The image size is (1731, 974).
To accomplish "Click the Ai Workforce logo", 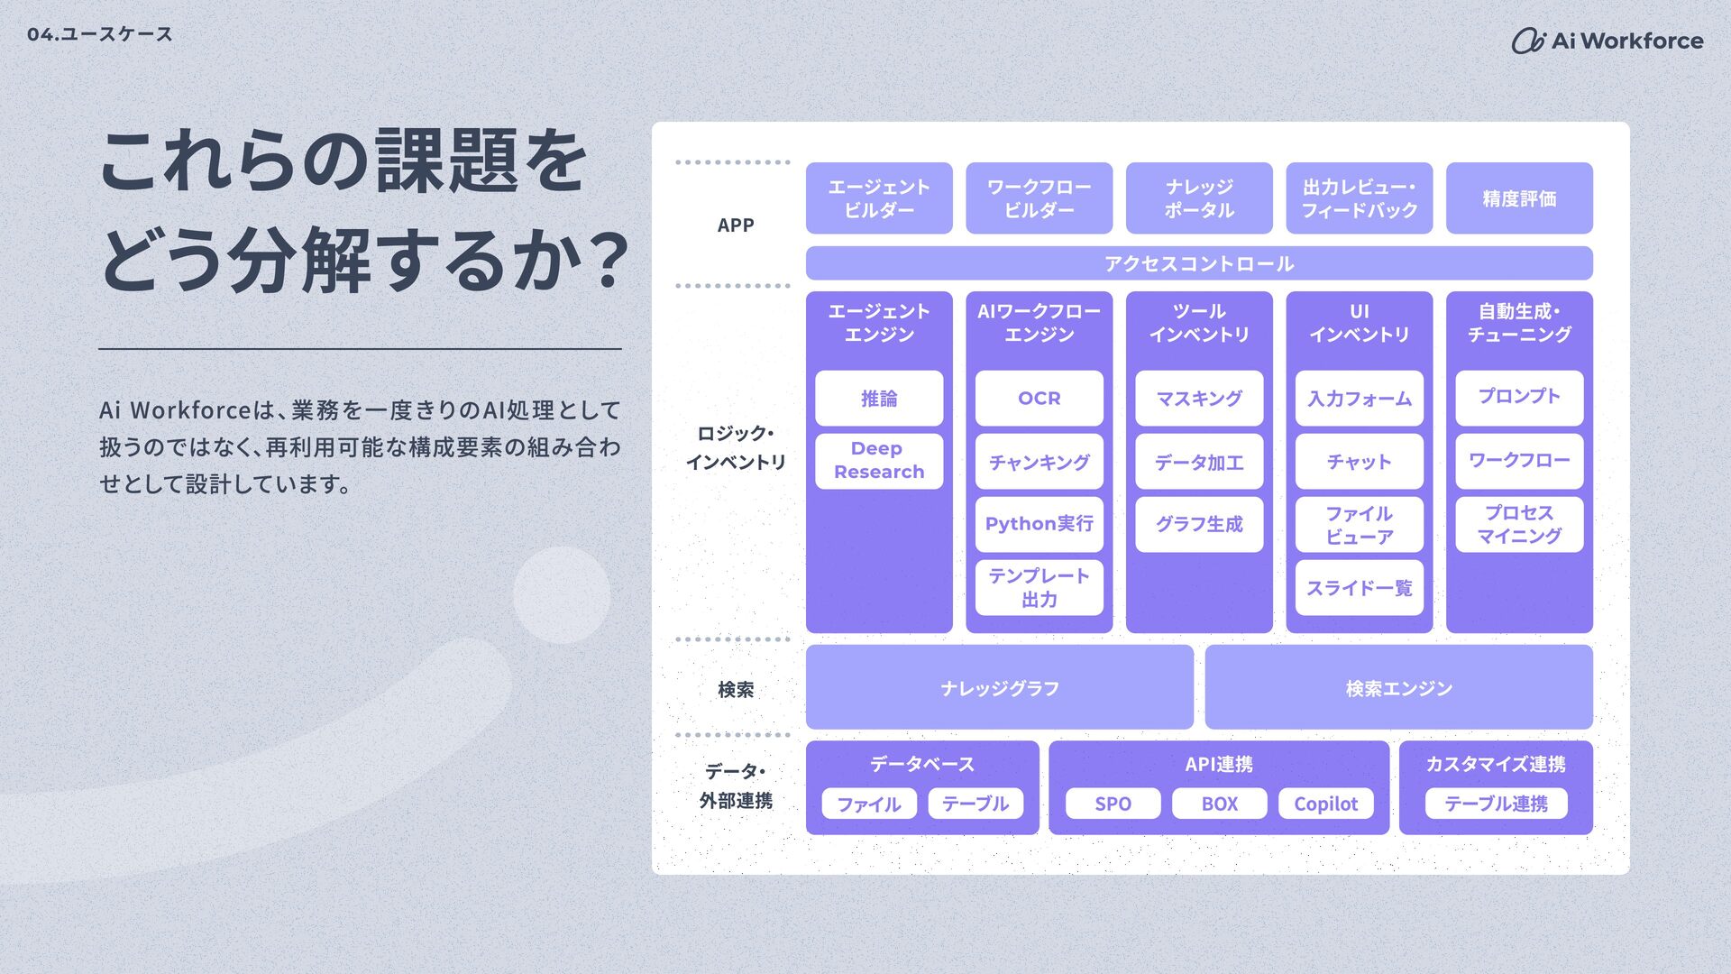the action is coord(1607,41).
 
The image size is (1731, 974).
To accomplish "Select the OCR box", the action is coord(1039,398).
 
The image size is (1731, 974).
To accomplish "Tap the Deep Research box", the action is coord(878,461).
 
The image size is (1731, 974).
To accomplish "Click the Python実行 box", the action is coord(1039,524).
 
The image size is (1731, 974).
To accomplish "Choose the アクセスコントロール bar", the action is coord(1198,263).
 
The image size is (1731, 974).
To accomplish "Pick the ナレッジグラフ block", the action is coord(999,688).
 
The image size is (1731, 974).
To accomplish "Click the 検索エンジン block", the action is coord(1398,688).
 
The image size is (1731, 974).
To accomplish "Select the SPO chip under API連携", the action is coord(1113,804).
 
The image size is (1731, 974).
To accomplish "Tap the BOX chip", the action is coord(1219,804).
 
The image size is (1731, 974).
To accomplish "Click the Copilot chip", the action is coord(1325,804).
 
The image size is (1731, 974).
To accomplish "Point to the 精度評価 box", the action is coord(1519,198).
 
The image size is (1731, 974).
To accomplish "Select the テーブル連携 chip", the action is coord(1496,804).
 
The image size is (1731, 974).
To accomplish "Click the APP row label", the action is coord(736,225).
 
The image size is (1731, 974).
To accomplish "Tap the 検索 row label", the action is coord(736,689).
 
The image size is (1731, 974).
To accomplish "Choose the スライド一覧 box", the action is coord(1359,588).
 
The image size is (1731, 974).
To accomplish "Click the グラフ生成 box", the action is coord(1198,524).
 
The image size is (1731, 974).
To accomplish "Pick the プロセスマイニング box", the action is coord(1519,524).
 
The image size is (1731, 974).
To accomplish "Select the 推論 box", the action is coord(878,398).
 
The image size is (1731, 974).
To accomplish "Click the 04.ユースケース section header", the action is coord(100,34).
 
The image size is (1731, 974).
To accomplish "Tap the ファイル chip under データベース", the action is coord(868,804).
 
